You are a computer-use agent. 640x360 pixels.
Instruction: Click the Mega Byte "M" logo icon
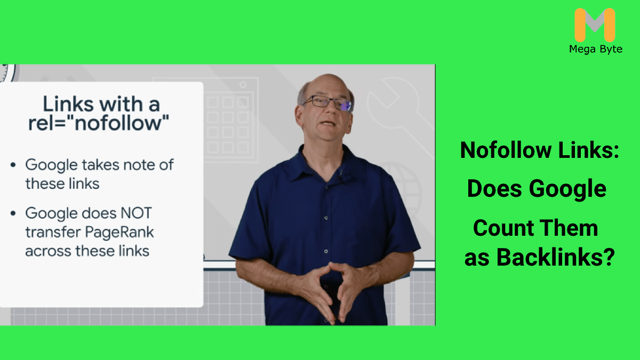[x=595, y=26]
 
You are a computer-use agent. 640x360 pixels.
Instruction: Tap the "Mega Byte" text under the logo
[x=595, y=50]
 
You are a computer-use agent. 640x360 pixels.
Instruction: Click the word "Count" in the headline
[x=501, y=229]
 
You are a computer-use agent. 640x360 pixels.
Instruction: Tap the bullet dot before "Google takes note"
[x=13, y=165]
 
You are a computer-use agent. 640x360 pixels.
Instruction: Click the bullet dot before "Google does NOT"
[x=13, y=214]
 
